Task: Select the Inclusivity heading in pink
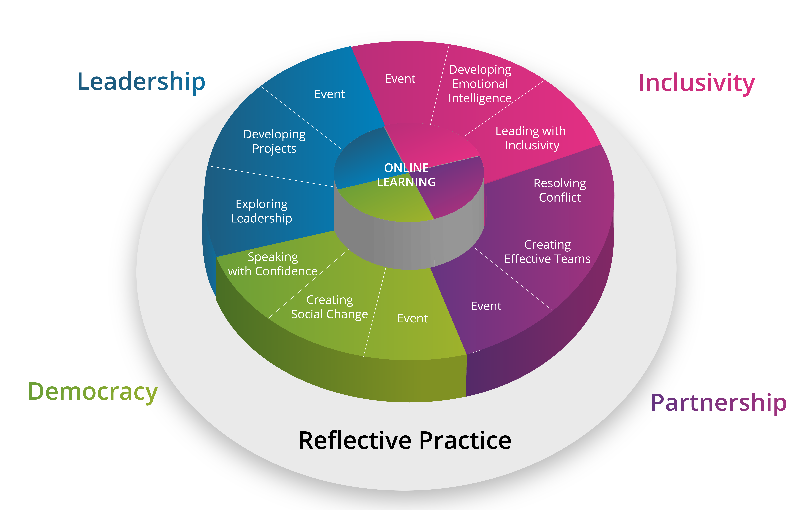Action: click(697, 83)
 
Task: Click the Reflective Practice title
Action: click(405, 440)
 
